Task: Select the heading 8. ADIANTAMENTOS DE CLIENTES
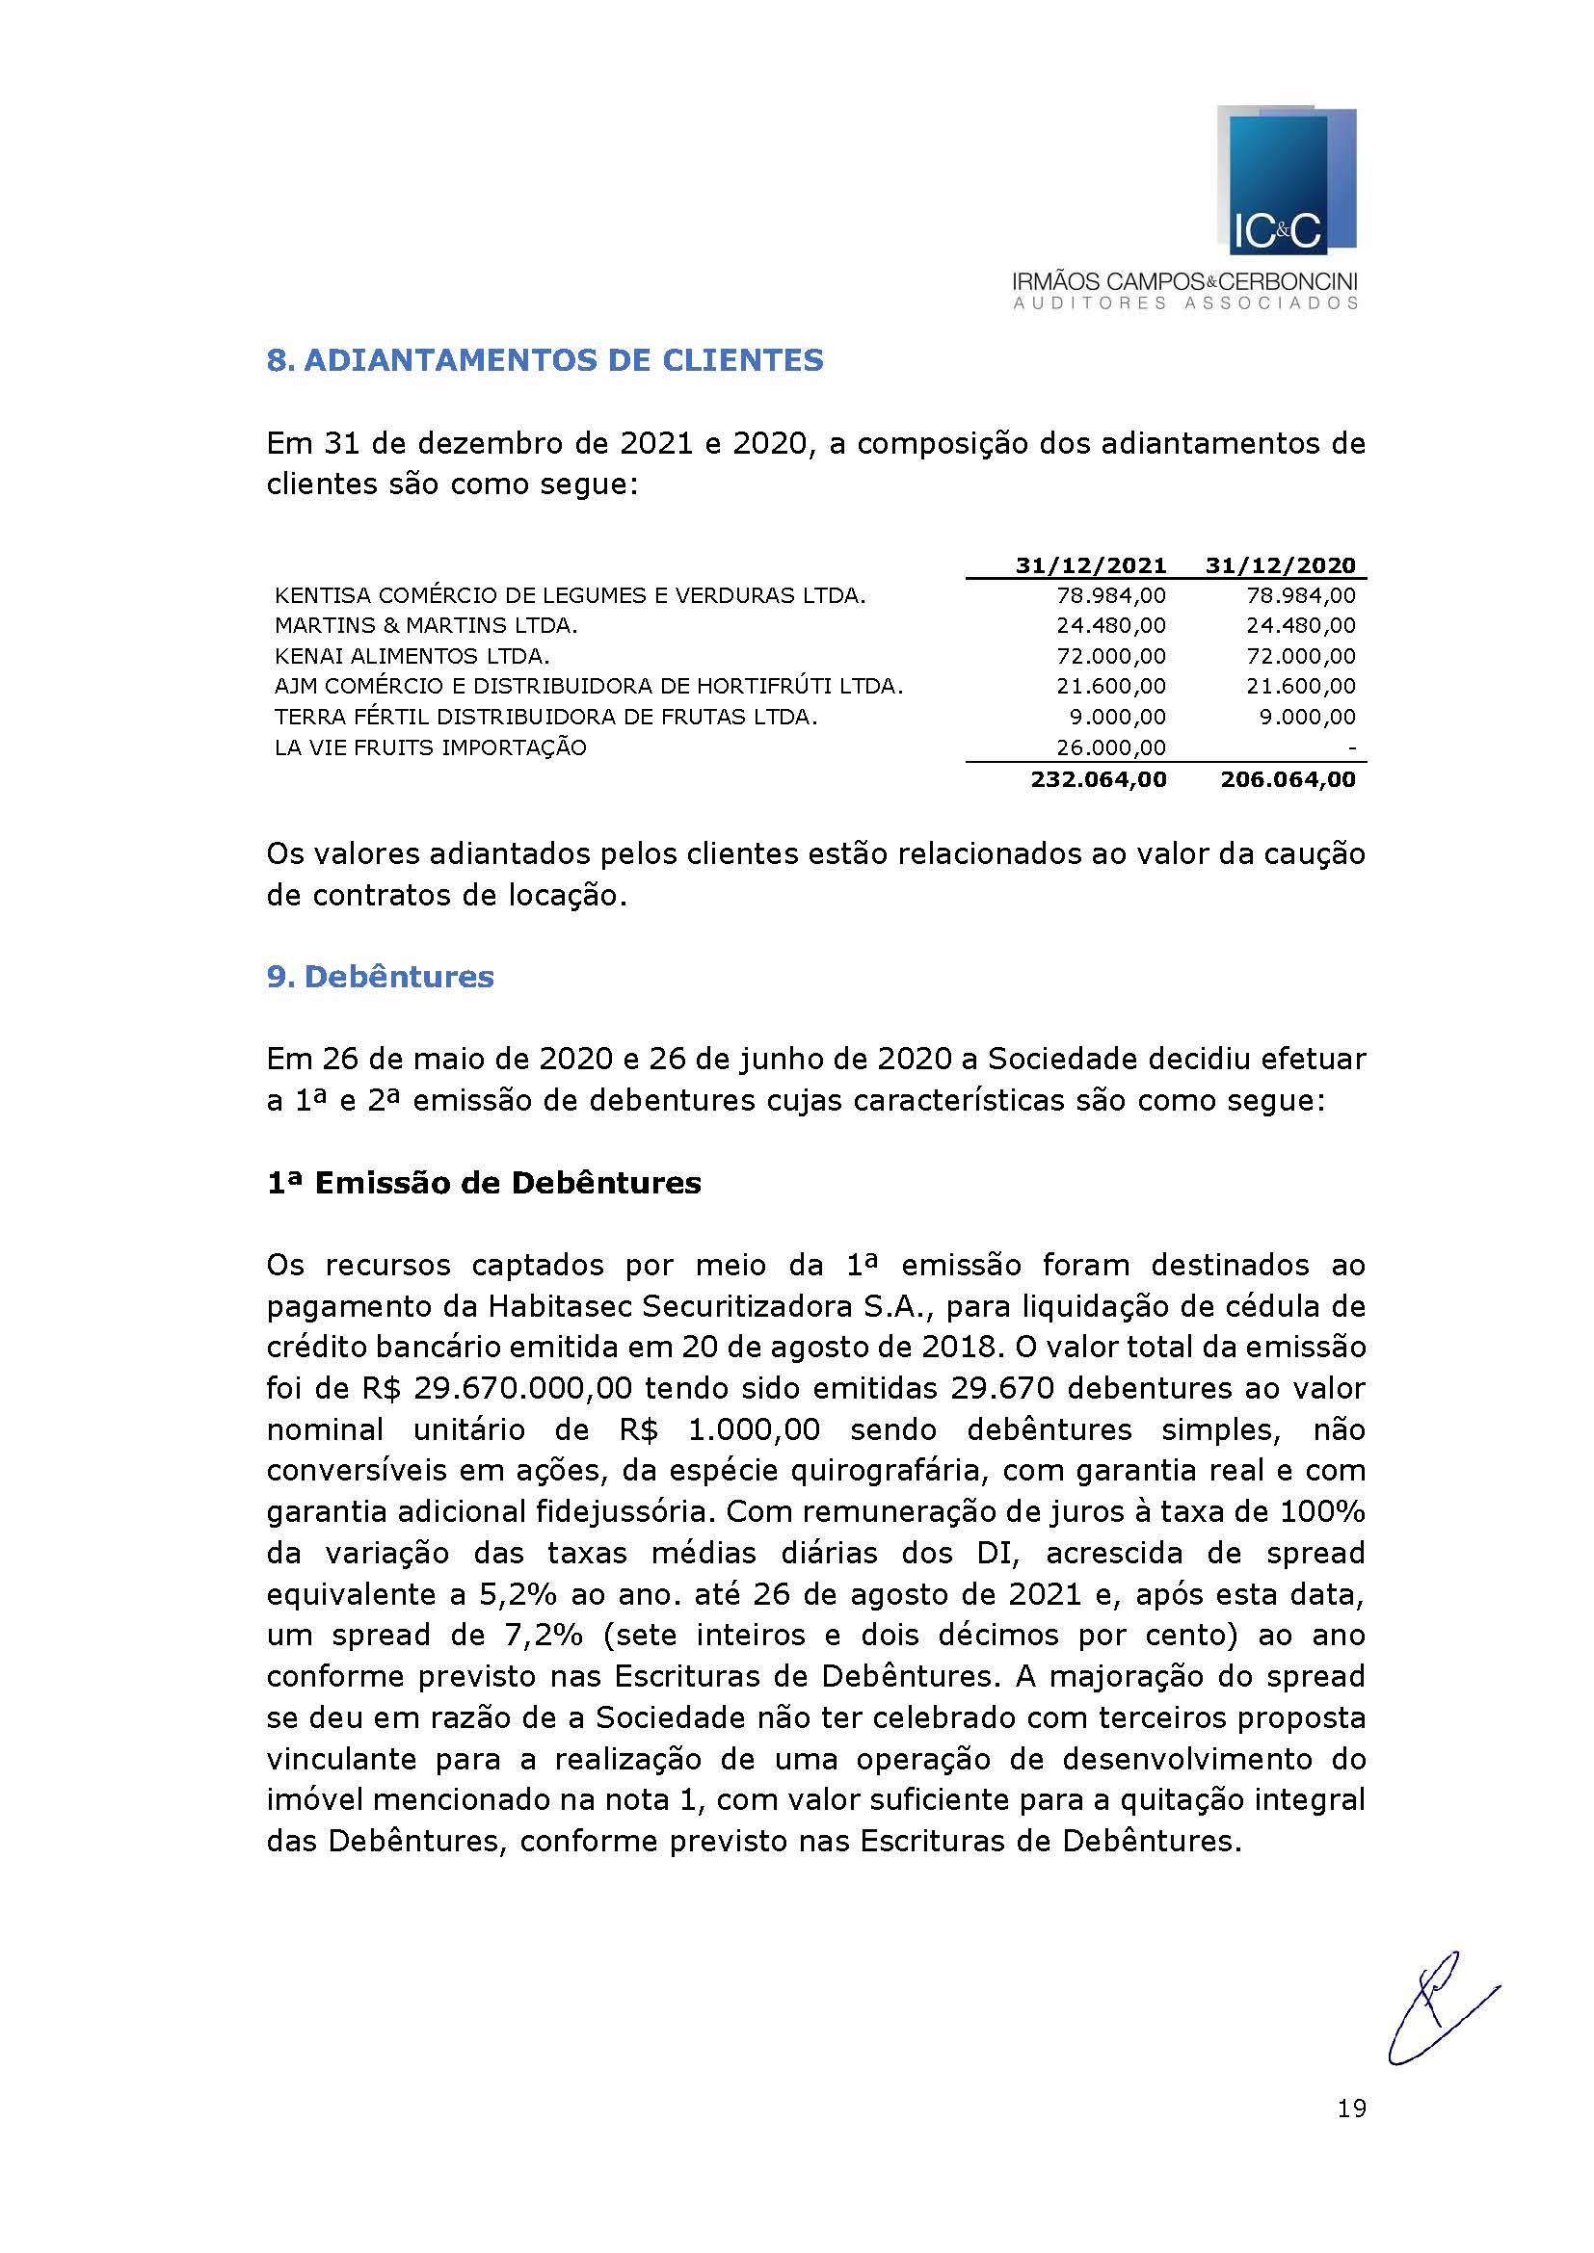[x=545, y=360]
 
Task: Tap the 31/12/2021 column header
[x=1091, y=565]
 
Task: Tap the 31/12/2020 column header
[x=1280, y=565]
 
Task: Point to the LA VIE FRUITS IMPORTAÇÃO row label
[x=430, y=747]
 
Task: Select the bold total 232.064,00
[x=1099, y=779]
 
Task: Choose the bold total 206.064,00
[x=1288, y=779]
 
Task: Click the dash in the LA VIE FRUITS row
[x=1351, y=748]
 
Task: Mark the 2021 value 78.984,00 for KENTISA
[x=1110, y=594]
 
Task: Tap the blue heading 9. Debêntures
[x=380, y=977]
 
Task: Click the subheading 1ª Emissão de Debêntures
[x=484, y=1183]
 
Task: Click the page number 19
[x=1350, y=2108]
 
